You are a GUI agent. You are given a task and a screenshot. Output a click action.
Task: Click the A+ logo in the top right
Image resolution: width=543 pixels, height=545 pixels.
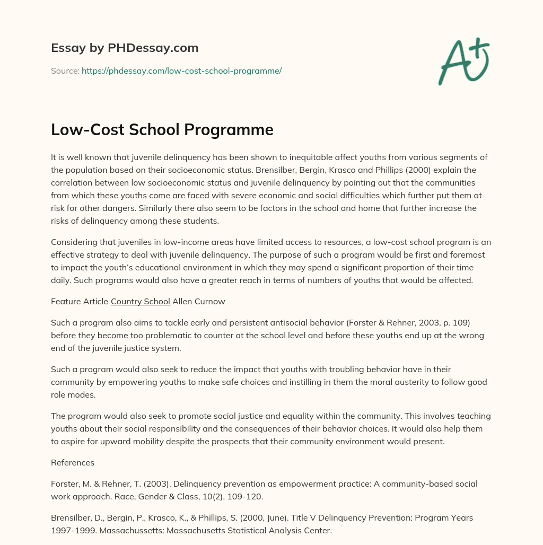[463, 61]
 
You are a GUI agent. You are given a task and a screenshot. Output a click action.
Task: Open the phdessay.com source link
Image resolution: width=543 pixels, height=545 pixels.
[181, 71]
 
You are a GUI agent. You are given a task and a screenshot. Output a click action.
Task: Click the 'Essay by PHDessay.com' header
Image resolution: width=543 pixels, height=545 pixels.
[125, 48]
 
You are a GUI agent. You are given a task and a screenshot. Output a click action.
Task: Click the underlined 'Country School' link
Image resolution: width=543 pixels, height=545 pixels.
[141, 301]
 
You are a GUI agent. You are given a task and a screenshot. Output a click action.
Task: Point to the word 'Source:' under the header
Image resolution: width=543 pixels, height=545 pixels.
[65, 71]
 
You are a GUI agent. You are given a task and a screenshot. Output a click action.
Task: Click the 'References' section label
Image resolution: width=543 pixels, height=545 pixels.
[73, 462]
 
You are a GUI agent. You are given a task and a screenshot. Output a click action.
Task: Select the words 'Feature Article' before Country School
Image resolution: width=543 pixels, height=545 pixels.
[79, 301]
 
